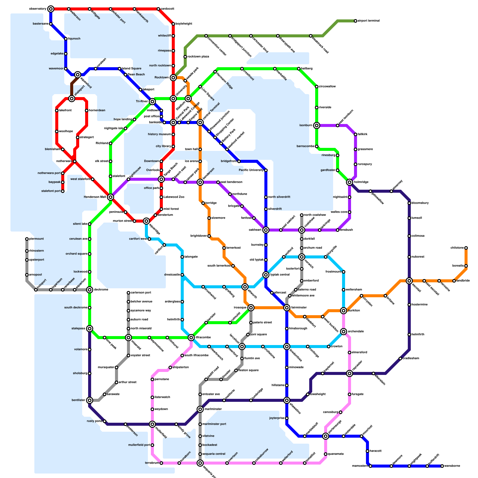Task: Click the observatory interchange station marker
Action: click(x=51, y=9)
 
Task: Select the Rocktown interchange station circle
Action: click(x=173, y=78)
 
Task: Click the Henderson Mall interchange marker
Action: click(x=111, y=197)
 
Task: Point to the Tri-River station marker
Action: click(x=152, y=102)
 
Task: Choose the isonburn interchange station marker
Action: click(x=317, y=125)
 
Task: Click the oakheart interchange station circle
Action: click(x=266, y=230)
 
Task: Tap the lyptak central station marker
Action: click(x=266, y=275)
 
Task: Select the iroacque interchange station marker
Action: click(x=251, y=308)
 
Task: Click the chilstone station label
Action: click(x=457, y=248)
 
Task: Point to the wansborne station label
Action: click(x=452, y=466)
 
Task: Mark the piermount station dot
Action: click(x=27, y=239)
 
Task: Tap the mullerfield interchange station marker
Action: click(x=152, y=424)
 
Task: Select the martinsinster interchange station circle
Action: click(x=200, y=409)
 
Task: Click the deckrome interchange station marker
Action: click(x=90, y=290)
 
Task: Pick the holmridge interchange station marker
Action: click(x=350, y=182)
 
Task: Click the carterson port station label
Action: click(x=141, y=293)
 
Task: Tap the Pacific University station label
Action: click(x=251, y=170)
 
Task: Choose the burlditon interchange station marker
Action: click(x=344, y=311)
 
